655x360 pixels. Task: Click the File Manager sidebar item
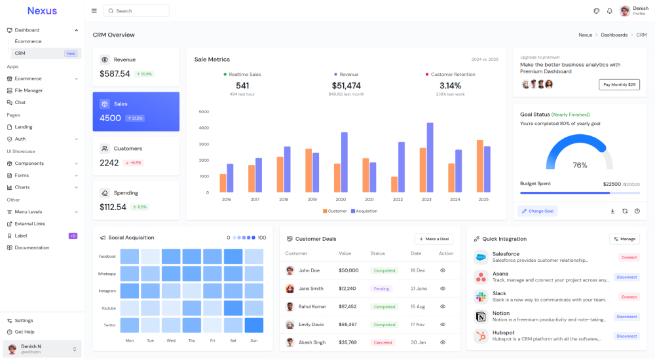point(29,90)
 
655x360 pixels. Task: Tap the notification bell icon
point(609,11)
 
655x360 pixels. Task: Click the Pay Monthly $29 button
point(619,84)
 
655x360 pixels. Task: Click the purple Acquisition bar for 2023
point(430,157)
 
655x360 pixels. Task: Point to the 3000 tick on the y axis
point(203,144)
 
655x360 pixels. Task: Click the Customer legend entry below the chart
point(335,211)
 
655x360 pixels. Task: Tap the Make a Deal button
point(434,239)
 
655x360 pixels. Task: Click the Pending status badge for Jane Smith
point(381,289)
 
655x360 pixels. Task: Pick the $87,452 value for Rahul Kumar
point(348,306)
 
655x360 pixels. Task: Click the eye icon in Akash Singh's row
point(443,342)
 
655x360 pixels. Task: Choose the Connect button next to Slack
point(629,297)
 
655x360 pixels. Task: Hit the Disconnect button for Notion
point(626,317)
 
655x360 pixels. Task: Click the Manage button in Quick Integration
point(624,239)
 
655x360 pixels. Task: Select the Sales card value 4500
point(110,118)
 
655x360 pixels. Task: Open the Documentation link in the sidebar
point(32,247)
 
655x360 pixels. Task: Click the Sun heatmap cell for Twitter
point(253,325)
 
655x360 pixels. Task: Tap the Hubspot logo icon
point(480,336)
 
